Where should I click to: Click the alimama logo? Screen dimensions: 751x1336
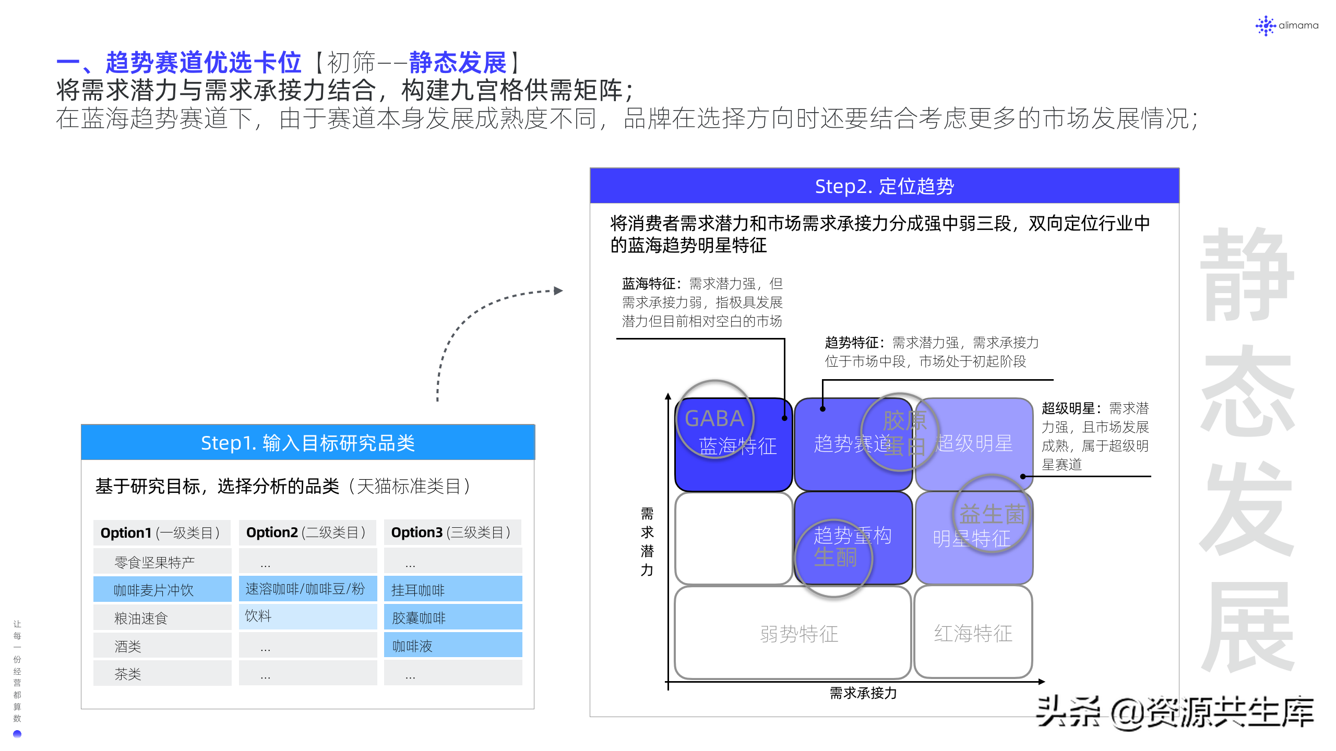point(1286,25)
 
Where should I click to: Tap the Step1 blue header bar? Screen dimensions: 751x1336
point(308,443)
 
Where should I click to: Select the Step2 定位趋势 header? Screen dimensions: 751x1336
point(884,186)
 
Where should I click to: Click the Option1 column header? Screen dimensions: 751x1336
point(162,532)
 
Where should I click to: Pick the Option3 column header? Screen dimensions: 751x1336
point(452,532)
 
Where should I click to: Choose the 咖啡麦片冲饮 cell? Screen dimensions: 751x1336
point(162,590)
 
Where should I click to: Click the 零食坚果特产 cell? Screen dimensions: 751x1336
point(162,562)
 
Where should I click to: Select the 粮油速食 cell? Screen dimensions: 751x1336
point(162,618)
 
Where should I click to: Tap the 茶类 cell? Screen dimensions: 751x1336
point(162,674)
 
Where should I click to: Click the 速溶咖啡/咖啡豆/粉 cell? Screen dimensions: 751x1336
point(307,589)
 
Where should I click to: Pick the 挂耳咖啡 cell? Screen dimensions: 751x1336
point(452,590)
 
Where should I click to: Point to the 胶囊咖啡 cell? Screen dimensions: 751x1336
point(452,618)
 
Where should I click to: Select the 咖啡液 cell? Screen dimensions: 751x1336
point(452,646)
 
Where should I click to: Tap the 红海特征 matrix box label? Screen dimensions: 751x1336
point(973,634)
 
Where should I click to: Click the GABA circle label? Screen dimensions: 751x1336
point(714,418)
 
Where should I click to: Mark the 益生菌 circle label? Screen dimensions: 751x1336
point(992,514)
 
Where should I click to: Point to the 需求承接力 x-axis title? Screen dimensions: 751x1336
point(863,693)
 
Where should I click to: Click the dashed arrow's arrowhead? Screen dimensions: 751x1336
point(558,290)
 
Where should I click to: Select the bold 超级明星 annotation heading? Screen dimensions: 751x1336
point(1067,408)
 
